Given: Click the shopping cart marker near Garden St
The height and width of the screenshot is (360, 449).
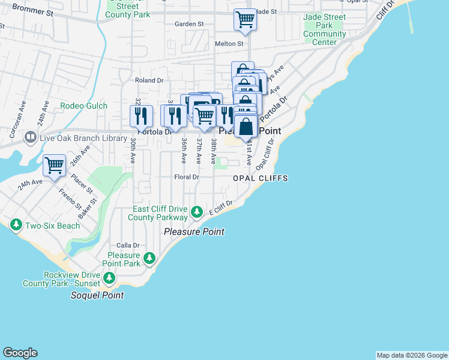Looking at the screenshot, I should (245, 20).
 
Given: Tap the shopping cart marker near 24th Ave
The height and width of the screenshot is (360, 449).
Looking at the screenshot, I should (55, 165).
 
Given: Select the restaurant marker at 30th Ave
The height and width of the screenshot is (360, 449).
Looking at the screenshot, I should (141, 115).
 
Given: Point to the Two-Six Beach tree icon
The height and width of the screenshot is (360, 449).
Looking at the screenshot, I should (16, 225).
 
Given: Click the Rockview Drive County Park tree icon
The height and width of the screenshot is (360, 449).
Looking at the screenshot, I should (109, 278).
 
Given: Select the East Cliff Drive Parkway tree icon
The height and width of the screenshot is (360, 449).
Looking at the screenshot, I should (196, 212).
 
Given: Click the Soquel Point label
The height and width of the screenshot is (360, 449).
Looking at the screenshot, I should (97, 295).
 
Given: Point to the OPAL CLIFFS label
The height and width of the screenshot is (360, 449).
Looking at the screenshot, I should (261, 179).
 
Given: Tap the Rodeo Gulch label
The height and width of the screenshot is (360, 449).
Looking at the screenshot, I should (83, 106).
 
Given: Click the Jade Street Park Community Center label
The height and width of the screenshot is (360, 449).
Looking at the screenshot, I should (325, 29).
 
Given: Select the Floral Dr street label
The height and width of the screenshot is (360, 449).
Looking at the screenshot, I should (186, 178).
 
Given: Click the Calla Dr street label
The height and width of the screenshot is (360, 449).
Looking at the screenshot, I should (128, 245).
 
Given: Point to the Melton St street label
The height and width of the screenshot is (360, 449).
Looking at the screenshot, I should (229, 44).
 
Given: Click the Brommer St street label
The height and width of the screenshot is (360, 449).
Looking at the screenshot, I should (32, 10).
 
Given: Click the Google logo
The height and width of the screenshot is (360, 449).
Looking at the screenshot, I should (20, 353).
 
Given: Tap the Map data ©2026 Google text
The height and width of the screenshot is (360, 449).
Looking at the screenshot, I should (411, 355).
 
